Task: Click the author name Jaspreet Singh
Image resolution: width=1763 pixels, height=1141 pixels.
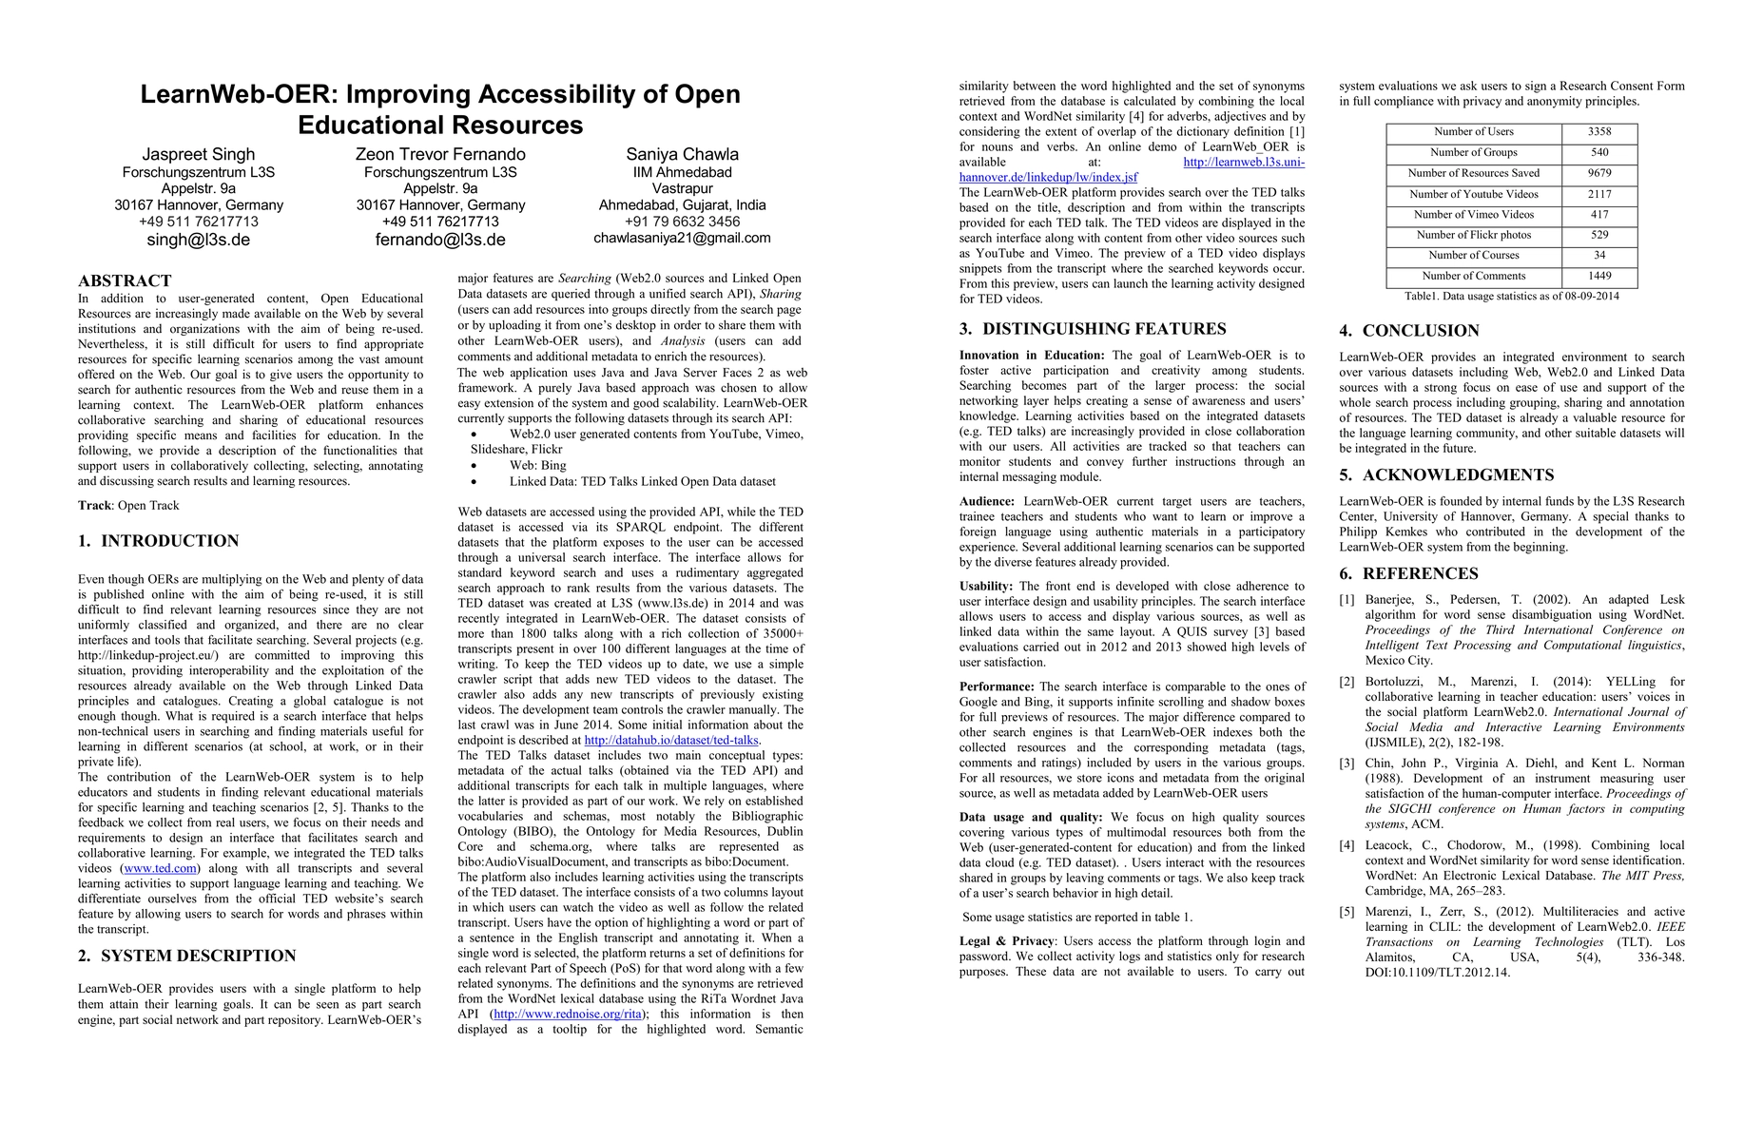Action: [x=199, y=154]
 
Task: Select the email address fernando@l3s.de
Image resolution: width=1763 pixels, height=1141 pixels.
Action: [x=440, y=240]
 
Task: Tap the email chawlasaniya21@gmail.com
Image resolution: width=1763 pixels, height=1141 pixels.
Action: [x=682, y=238]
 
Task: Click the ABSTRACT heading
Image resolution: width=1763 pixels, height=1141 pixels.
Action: [x=125, y=280]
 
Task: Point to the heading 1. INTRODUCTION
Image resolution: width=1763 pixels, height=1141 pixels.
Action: [x=158, y=541]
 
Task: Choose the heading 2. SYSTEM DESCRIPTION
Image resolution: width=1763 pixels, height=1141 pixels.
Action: [x=186, y=956]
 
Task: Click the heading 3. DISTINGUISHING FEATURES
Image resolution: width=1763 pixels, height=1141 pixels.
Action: [x=1093, y=329]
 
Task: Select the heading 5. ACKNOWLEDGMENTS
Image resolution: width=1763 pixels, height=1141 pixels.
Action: [x=1446, y=475]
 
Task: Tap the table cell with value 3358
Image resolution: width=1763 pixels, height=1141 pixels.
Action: [x=1599, y=132]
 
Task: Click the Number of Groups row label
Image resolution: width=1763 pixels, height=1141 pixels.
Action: [x=1473, y=152]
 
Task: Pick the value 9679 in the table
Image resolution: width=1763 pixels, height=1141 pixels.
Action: [x=1599, y=173]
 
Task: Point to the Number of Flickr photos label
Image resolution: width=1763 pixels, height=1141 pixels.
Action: [x=1473, y=235]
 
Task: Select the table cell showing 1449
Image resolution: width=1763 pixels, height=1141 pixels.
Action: [x=1599, y=276]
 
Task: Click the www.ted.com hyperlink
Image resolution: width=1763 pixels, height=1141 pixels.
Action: [x=160, y=868]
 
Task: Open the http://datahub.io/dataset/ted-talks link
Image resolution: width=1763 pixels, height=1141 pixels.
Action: [x=671, y=740]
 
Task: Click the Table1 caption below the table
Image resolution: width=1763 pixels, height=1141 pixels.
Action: [x=1511, y=296]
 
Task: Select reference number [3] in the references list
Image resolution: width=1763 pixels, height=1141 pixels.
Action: [x=1347, y=764]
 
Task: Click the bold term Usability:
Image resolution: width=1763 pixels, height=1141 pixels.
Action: [x=986, y=587]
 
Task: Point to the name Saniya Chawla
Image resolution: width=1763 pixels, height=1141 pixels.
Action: [x=682, y=154]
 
